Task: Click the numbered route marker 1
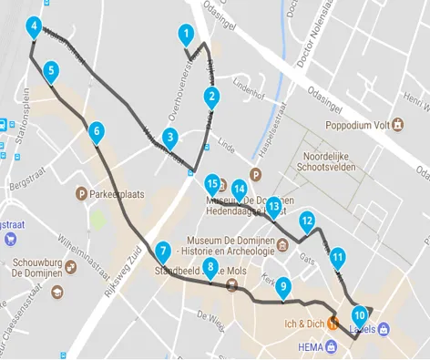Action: [186, 36]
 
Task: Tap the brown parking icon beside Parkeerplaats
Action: [82, 194]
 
